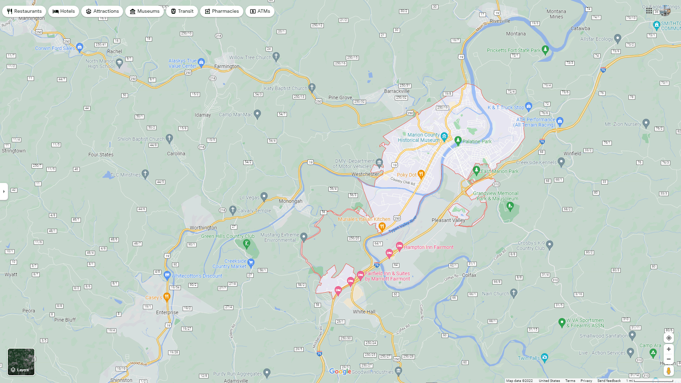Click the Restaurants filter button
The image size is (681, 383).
24,11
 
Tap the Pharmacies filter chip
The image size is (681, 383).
221,11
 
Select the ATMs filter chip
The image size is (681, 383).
260,11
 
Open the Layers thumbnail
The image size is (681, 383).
21,362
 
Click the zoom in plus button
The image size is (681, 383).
669,349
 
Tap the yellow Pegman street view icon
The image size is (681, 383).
669,371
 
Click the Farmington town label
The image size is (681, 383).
227,66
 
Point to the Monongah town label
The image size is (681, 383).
290,201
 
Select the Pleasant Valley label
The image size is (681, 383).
448,220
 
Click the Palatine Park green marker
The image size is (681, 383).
458,140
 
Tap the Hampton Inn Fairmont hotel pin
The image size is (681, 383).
399,246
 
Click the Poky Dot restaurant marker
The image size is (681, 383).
421,174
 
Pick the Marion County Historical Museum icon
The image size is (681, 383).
444,137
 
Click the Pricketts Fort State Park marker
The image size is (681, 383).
546,49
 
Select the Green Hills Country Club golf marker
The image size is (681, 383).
247,243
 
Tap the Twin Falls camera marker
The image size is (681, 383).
545,357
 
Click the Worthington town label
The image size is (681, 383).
203,228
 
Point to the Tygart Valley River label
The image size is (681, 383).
403,225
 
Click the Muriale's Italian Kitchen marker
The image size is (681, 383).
382,226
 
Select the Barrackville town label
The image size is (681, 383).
397,91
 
